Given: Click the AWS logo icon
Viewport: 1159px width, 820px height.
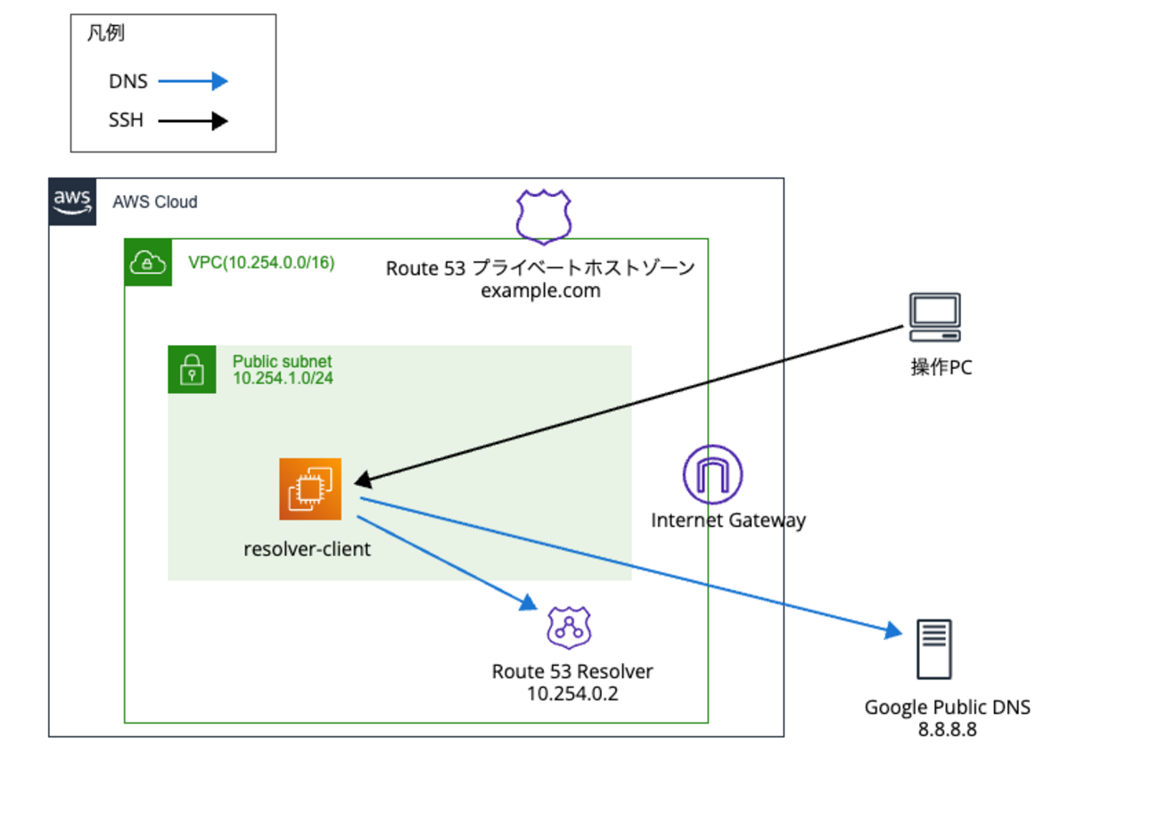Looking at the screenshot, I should pyautogui.click(x=73, y=201).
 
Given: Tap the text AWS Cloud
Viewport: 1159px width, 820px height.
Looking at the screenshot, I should pyautogui.click(x=155, y=202).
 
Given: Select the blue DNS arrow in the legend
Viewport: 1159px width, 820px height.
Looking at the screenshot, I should pyautogui.click(x=193, y=82).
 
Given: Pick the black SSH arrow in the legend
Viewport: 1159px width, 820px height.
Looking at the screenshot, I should pyautogui.click(x=193, y=121).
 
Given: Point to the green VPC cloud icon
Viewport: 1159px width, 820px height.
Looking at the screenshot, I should pyautogui.click(x=146, y=261).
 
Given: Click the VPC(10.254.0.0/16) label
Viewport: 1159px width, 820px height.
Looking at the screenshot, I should pyautogui.click(x=260, y=263).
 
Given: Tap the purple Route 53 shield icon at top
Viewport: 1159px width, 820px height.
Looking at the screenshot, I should pyautogui.click(x=544, y=217).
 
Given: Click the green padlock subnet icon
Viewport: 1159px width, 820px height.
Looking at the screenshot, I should pyautogui.click(x=192, y=368).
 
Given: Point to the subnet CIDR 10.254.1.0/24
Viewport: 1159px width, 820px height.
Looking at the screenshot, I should pyautogui.click(x=283, y=379).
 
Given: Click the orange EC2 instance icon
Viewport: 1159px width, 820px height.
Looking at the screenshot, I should pyautogui.click(x=310, y=488).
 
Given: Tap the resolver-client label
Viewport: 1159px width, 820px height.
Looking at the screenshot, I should pyautogui.click(x=307, y=550).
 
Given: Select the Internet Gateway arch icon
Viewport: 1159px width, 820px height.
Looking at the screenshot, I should pyautogui.click(x=712, y=473).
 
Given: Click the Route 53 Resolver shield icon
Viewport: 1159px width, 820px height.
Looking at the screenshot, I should pyautogui.click(x=569, y=628).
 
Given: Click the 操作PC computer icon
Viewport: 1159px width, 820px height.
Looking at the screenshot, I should pyautogui.click(x=934, y=317).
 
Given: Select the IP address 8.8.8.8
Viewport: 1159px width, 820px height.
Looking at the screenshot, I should pyautogui.click(x=947, y=728).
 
